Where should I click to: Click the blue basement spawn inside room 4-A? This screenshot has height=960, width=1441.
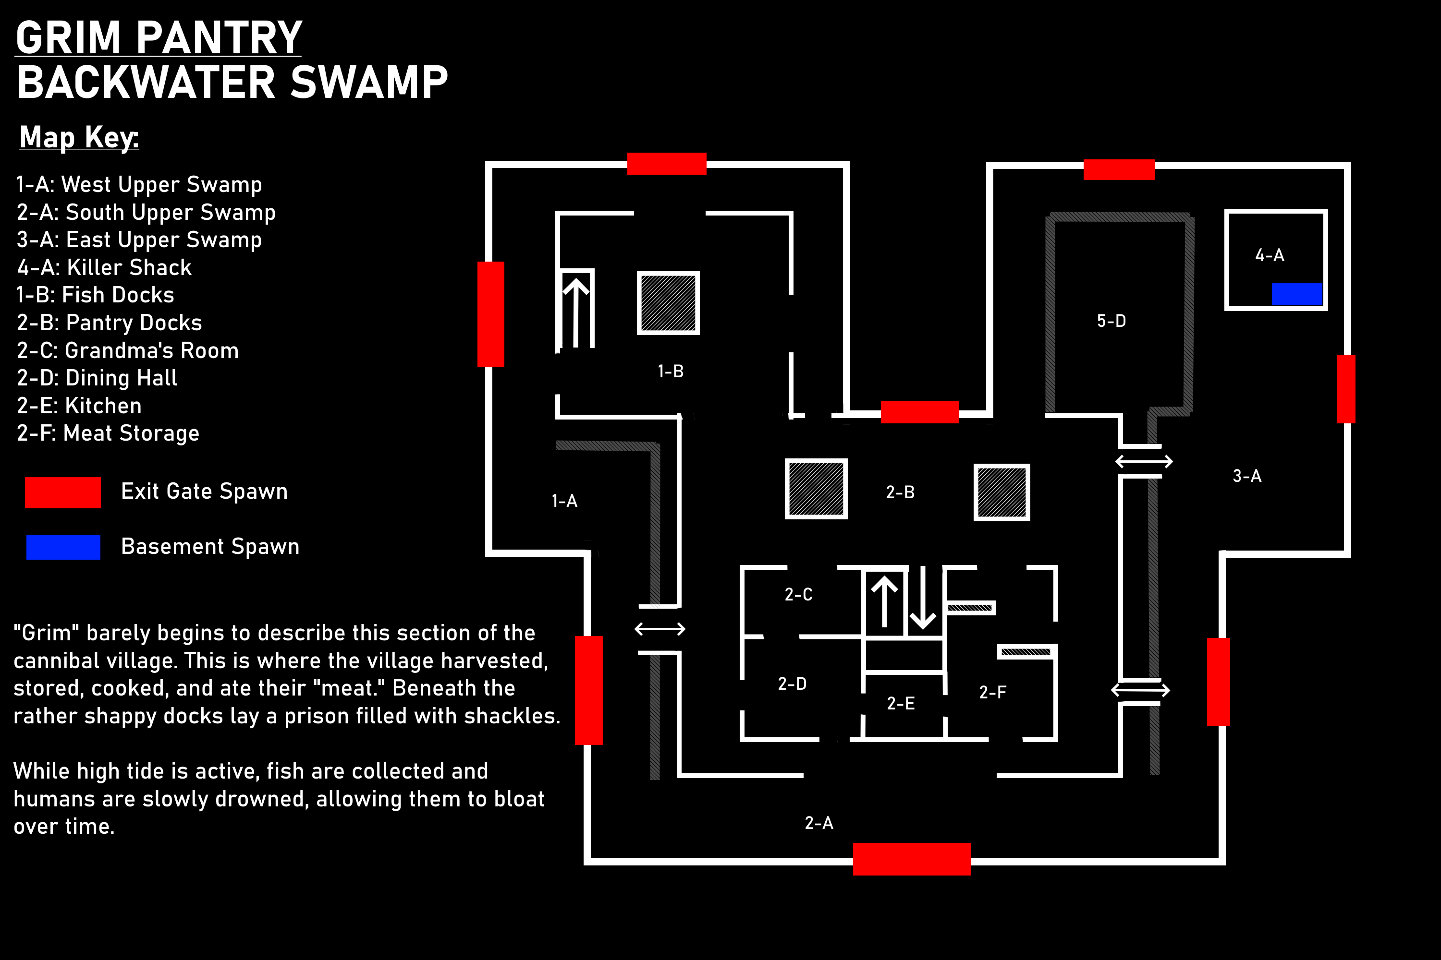[1296, 294]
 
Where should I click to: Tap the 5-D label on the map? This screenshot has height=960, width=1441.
[1111, 321]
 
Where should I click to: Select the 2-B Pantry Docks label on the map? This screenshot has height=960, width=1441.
[900, 492]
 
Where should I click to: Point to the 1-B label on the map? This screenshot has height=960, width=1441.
[670, 371]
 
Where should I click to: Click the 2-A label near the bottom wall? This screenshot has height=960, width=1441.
[818, 823]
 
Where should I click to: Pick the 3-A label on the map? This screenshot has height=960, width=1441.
[1247, 476]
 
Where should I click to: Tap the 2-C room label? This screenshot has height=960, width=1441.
[798, 595]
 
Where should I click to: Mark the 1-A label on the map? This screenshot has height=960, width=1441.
[564, 501]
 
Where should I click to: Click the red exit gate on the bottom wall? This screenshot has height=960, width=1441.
[912, 859]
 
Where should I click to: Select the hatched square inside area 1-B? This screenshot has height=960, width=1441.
[669, 303]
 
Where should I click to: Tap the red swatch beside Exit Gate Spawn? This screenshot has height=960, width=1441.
[63, 492]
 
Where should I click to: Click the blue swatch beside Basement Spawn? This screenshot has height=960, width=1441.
[63, 547]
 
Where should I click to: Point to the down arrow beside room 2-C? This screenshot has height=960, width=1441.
[922, 598]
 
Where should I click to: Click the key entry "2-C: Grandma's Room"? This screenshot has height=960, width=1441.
[127, 350]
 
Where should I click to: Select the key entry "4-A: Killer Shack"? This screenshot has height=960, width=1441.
[104, 267]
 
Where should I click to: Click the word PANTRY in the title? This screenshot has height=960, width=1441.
[219, 38]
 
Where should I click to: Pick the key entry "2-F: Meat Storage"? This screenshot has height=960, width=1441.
[108, 433]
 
